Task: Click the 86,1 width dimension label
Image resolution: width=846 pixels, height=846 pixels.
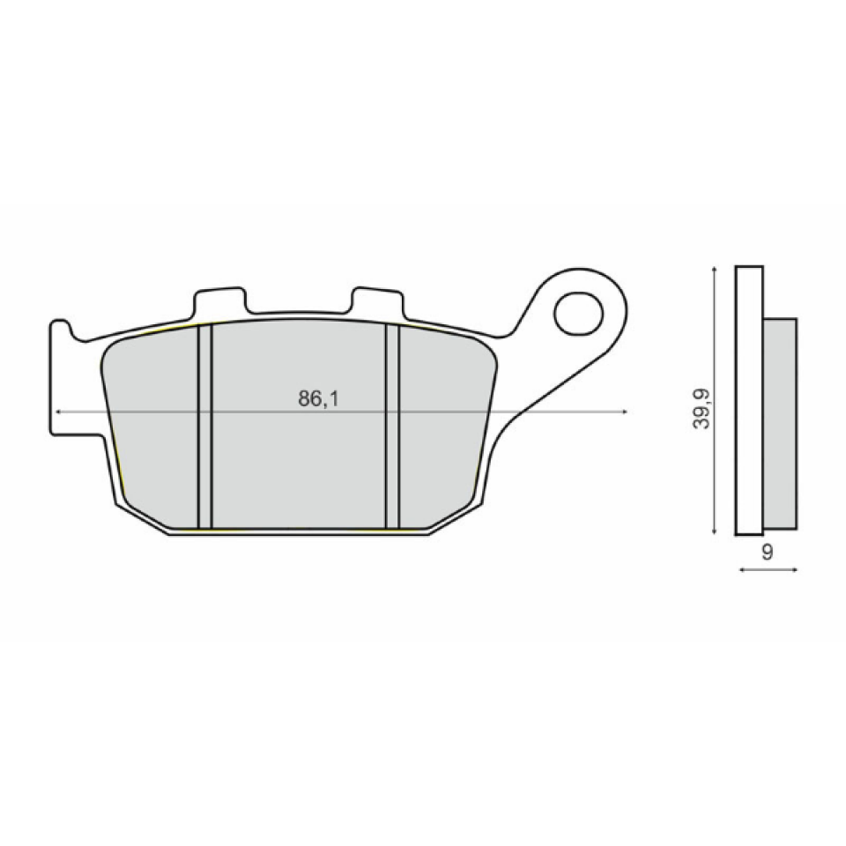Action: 318,398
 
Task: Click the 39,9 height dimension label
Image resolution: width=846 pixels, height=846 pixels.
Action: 701,408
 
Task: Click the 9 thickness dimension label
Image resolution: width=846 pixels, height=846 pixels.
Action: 767,552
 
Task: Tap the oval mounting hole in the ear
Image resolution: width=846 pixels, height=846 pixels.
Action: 578,314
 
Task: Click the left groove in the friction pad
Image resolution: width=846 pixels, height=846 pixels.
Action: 205,427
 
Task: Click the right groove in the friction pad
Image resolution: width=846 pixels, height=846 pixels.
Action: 393,427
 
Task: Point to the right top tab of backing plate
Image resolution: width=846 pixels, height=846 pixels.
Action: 377,301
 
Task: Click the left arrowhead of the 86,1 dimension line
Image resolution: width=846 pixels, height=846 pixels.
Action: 58,412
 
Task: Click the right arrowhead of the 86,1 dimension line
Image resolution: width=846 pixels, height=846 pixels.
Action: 624,412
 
